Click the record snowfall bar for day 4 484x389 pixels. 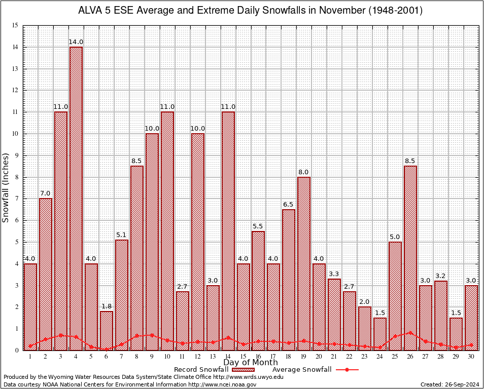tap(76, 198)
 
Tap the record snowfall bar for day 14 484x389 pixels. tap(228, 230)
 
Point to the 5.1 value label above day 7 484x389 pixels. tap(122, 235)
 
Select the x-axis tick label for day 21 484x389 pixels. tap(334, 357)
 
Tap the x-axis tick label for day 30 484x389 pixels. tap(471, 357)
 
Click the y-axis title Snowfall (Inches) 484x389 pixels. tap(6, 187)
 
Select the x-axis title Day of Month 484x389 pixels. tap(250, 363)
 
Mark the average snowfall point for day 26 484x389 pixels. tap(410, 333)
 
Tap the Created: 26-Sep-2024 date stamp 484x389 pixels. tap(450, 385)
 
